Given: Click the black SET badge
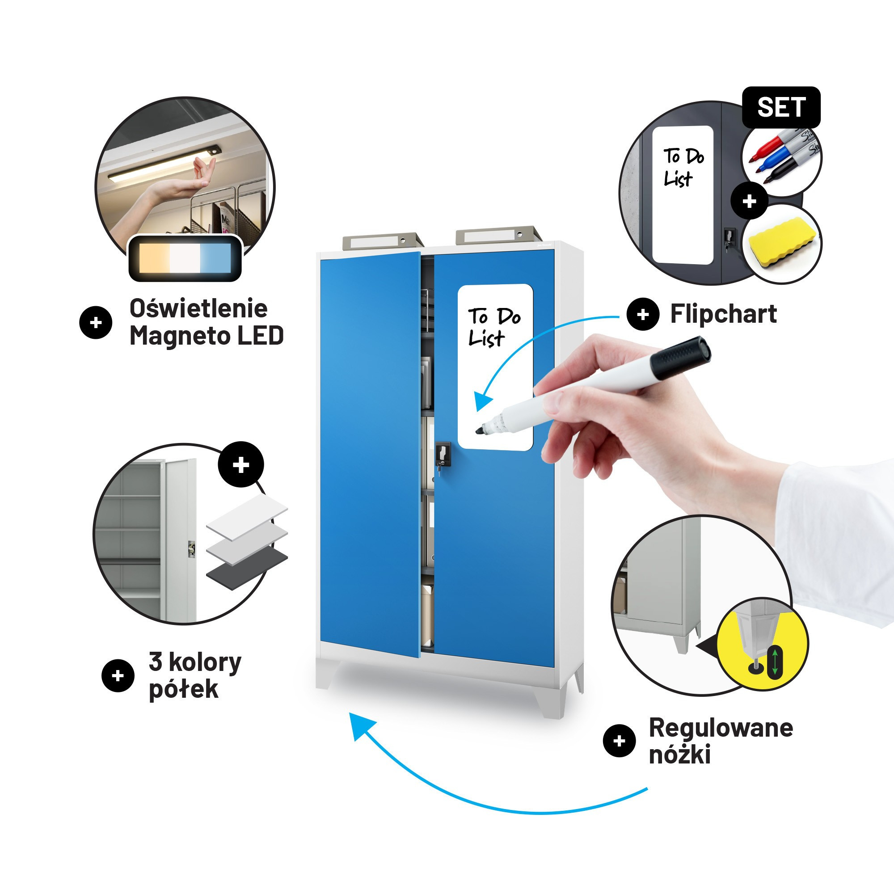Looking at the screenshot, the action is pyautogui.click(x=781, y=107).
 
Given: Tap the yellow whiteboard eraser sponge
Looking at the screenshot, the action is pyautogui.click(x=780, y=244).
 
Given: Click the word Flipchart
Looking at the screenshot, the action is pyautogui.click(x=723, y=314).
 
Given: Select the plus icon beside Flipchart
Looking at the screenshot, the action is pyautogui.click(x=643, y=315).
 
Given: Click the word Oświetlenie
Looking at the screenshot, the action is pyautogui.click(x=198, y=308).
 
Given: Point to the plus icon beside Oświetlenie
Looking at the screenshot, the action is pyautogui.click(x=96, y=323).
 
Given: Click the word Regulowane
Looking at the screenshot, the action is pyautogui.click(x=721, y=728).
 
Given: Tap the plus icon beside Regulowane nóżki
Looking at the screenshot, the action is pyautogui.click(x=619, y=741).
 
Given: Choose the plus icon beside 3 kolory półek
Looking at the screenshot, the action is pyautogui.click(x=118, y=675).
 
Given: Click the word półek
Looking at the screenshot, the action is pyautogui.click(x=184, y=689).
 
